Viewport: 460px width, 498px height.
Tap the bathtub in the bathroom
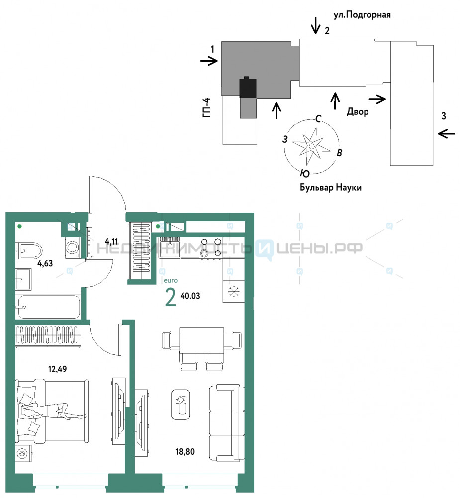coord(49,307)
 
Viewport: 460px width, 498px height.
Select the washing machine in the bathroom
coord(73,248)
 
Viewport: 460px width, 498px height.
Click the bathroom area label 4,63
coord(45,263)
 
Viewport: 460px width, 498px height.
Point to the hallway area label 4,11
coord(111,242)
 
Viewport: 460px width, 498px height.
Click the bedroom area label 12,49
coord(57,369)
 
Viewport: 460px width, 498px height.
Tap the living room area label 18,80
coord(185,451)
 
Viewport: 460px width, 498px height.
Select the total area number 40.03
coord(190,296)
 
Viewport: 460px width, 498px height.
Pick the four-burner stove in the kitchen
coord(211,248)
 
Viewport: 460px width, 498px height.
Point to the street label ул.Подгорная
coord(362,15)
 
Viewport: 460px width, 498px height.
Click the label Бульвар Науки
coord(331,187)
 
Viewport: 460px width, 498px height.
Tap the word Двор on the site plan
coord(358,112)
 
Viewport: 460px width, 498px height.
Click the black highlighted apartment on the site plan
coord(248,87)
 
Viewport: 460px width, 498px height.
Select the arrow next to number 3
coord(447,134)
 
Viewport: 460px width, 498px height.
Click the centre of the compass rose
coord(311,146)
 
